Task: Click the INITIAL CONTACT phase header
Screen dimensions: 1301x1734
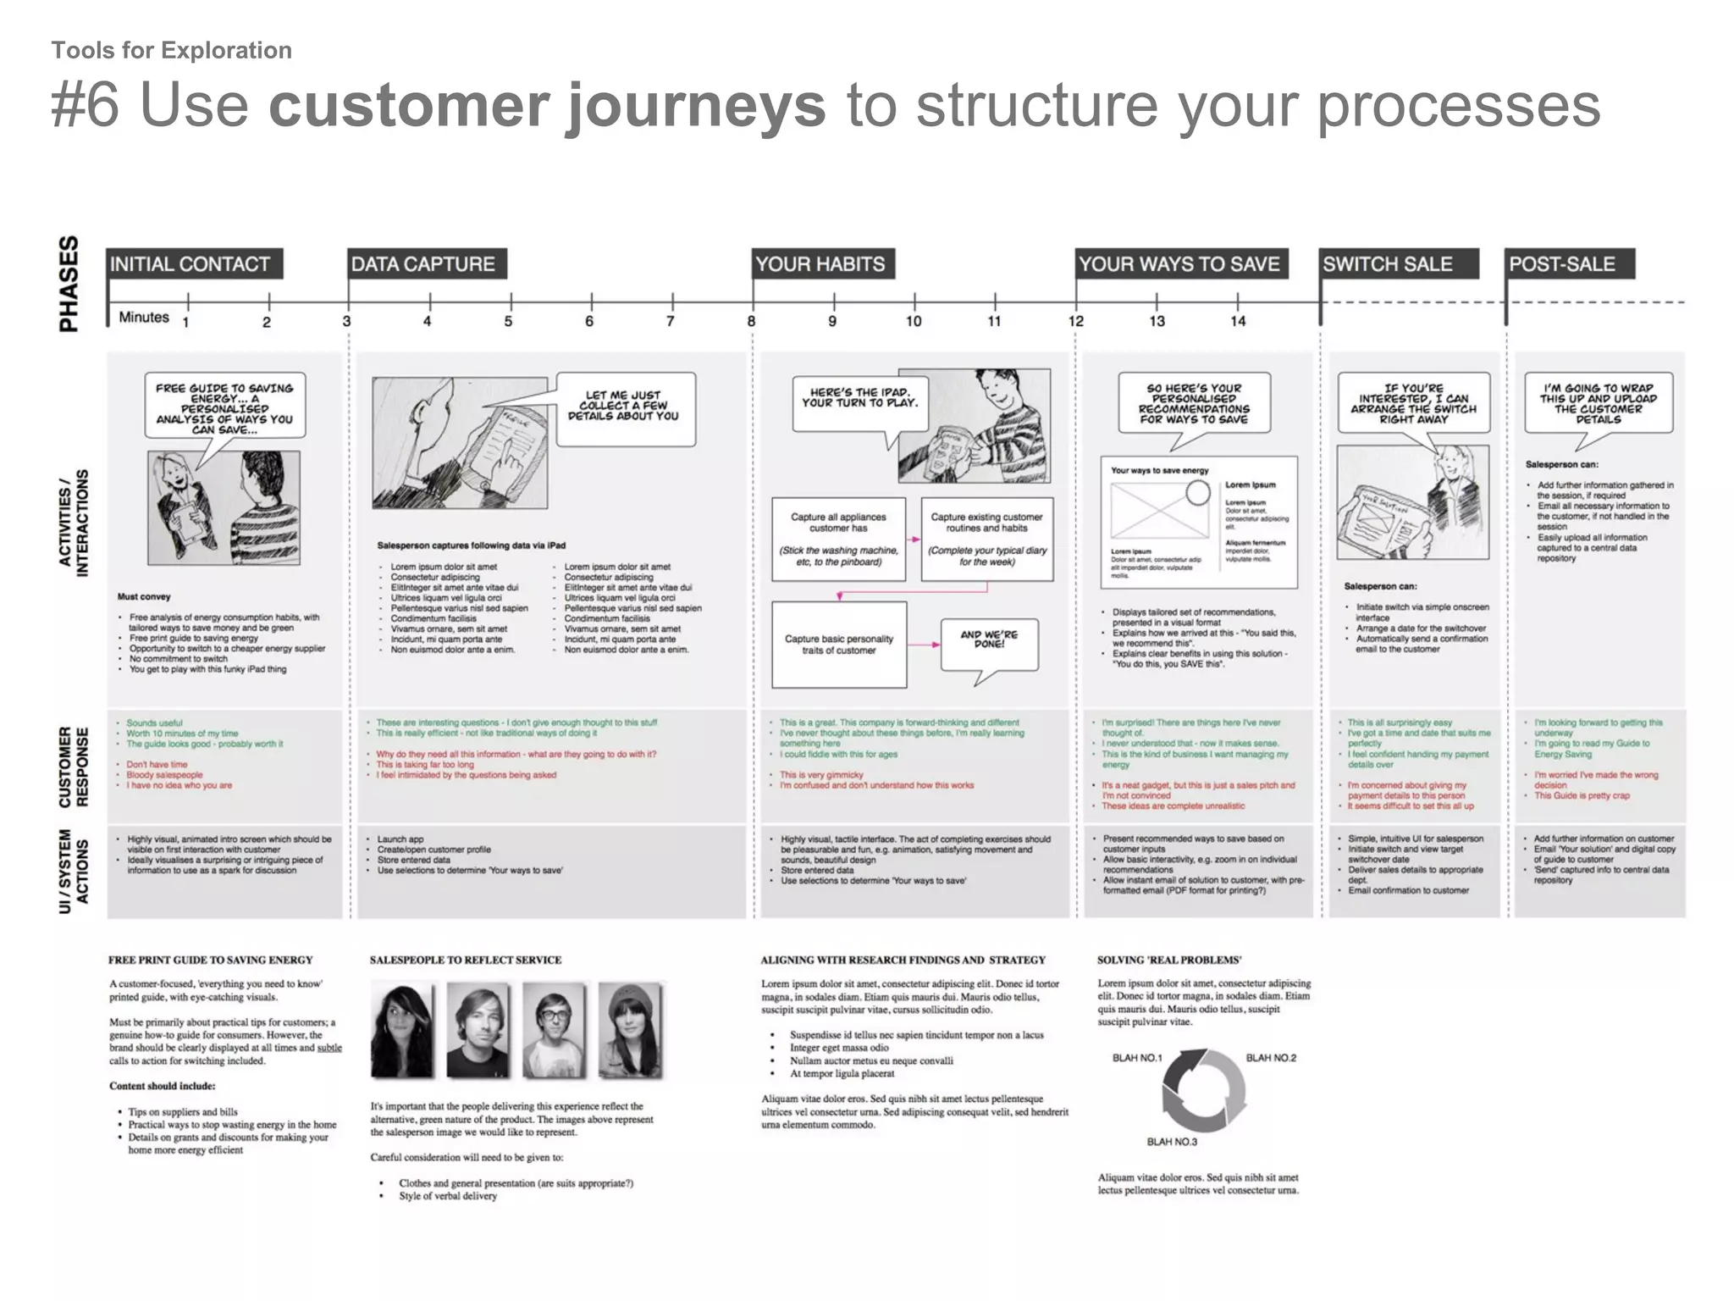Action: click(193, 264)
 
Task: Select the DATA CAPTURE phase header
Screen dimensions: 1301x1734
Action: click(425, 264)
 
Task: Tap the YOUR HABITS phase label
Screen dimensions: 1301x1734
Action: click(821, 264)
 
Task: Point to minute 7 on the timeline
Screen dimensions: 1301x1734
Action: click(671, 321)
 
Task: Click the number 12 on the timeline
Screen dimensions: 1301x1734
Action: click(1075, 321)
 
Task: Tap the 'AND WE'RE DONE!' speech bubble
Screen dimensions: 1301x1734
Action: click(989, 642)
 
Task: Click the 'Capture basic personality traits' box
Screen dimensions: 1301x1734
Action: click(838, 645)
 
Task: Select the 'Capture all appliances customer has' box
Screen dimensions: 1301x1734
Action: click(838, 539)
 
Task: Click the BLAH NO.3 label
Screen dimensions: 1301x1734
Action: click(1172, 1142)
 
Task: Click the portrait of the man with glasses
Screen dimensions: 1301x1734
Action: click(554, 1028)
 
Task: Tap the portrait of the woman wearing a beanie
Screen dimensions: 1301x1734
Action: click(630, 1028)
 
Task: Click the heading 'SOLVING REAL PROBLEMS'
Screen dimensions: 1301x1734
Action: click(1169, 960)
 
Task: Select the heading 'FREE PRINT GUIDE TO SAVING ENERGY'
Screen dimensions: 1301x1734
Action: click(211, 960)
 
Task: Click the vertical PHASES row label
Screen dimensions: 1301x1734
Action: click(69, 284)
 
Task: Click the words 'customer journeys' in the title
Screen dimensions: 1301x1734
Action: click(546, 106)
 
